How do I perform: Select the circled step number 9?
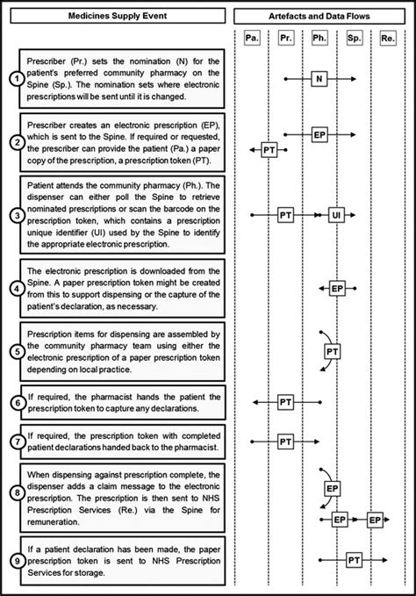click(14, 559)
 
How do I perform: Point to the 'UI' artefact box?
click(336, 213)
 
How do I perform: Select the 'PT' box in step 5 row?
click(333, 351)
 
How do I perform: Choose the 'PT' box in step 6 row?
click(285, 402)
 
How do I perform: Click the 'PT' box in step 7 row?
click(285, 441)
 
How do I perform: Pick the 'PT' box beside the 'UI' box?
click(285, 213)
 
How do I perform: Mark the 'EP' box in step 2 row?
click(319, 134)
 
